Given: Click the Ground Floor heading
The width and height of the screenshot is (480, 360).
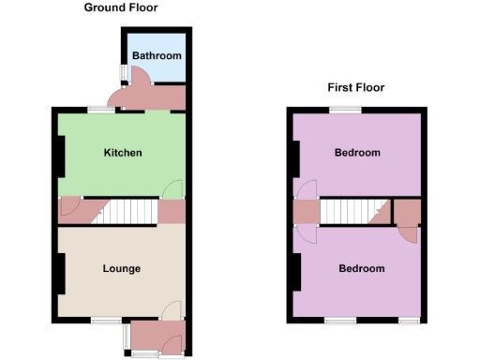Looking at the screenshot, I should tap(121, 7).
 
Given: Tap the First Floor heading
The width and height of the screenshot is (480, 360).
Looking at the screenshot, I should tap(356, 88).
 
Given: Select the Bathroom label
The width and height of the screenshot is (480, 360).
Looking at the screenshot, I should tap(156, 56).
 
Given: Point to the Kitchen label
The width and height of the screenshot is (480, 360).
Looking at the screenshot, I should tap(123, 152).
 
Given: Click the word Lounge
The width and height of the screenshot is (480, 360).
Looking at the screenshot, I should tap(122, 269).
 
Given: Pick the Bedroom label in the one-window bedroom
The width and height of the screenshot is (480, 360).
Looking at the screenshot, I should tap(357, 153).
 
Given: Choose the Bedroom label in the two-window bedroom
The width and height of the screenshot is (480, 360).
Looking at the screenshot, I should tap(361, 269).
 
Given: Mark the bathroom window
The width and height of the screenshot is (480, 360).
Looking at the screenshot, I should tap(122, 73).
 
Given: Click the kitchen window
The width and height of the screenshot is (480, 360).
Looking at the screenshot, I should tap(101, 110).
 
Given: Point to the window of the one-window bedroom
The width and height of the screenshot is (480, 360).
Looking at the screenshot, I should tap(345, 110).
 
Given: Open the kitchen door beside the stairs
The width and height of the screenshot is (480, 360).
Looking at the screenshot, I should tap(173, 190).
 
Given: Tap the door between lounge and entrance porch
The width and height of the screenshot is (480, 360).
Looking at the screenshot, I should tap(172, 311).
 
